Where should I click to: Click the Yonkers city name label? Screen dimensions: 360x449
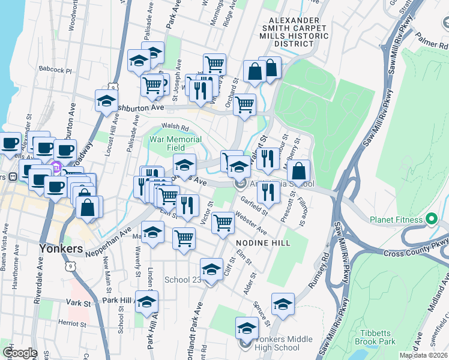click(x=60, y=248)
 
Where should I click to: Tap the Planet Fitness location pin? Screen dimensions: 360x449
click(x=430, y=220)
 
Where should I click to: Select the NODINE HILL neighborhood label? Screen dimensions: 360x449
click(x=263, y=243)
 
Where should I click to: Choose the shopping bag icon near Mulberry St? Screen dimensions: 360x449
click(x=298, y=171)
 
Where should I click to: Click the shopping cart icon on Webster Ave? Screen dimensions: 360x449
click(x=223, y=223)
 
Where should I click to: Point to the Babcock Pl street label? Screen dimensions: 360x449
click(x=55, y=70)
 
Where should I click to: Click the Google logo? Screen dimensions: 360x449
click(x=20, y=353)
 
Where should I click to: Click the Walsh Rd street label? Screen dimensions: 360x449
click(x=175, y=127)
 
